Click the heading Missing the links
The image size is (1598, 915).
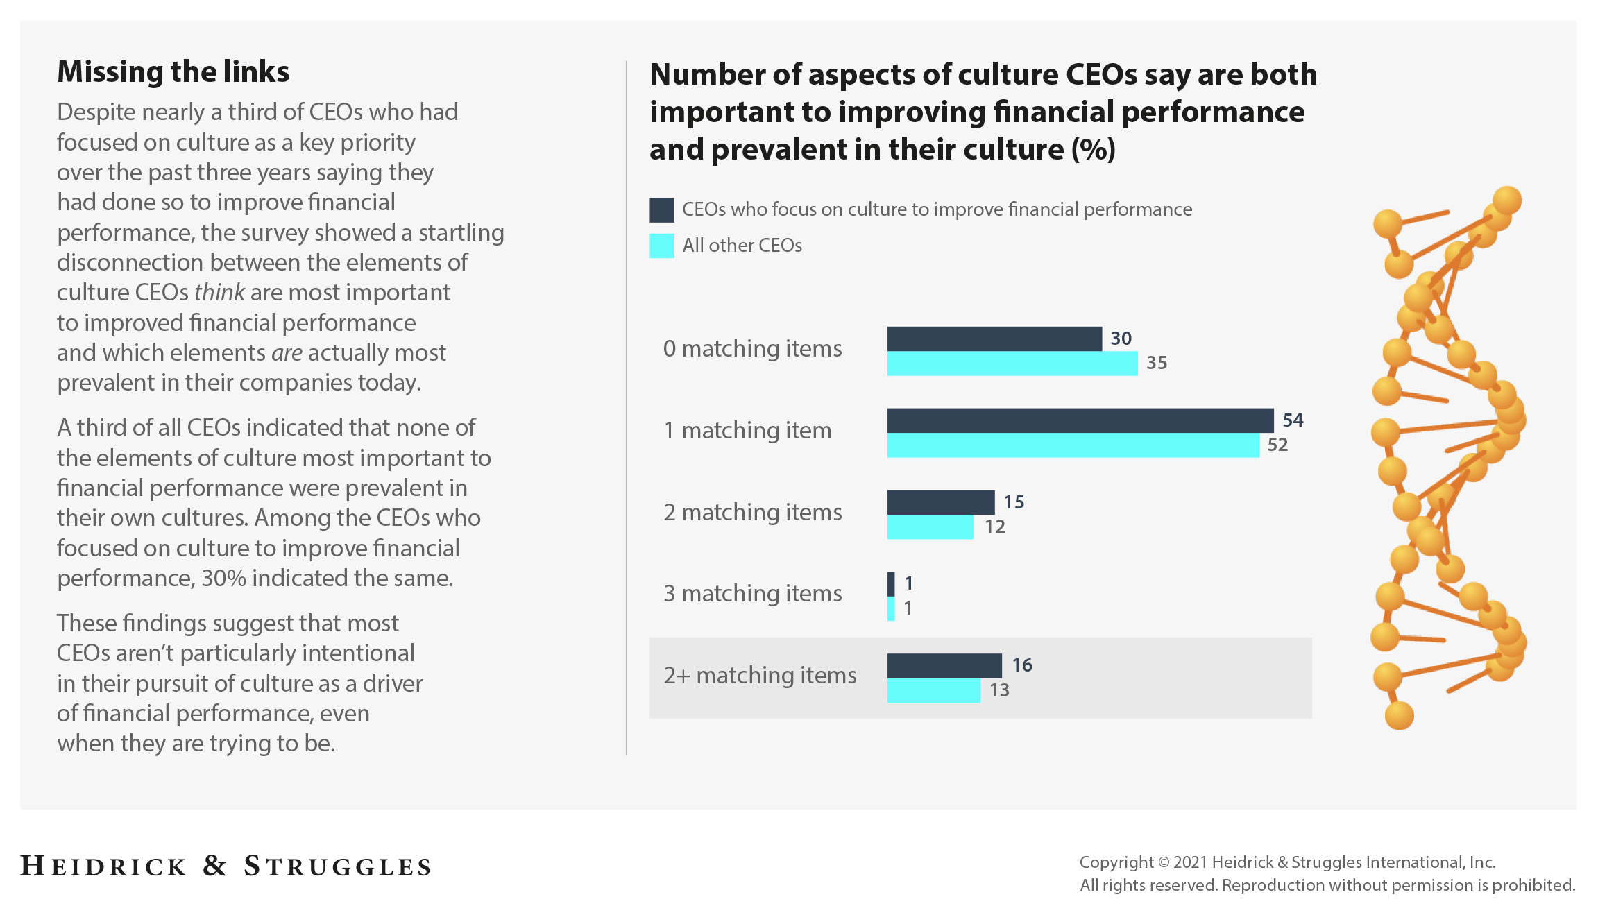(x=173, y=72)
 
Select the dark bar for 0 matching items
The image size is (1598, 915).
(x=994, y=339)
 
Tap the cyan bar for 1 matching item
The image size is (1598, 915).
(x=1072, y=445)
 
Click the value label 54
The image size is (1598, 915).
(x=1293, y=420)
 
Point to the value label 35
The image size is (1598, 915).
(x=1157, y=363)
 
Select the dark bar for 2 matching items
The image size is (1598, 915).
(x=940, y=502)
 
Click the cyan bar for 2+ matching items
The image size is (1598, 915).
(x=933, y=691)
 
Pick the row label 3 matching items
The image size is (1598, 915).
(x=752, y=594)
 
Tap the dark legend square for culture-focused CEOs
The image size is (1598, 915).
(x=661, y=210)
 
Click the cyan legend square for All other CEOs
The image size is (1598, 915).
(x=661, y=246)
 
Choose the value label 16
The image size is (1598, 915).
(x=1021, y=665)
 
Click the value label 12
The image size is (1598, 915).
(x=994, y=527)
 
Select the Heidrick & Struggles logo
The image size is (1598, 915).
(x=226, y=866)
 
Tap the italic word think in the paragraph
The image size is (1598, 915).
(x=219, y=293)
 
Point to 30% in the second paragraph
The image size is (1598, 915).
(x=223, y=579)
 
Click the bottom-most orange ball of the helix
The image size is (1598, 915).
(x=1399, y=715)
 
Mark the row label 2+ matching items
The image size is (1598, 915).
(x=759, y=676)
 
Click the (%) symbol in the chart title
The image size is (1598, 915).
(x=1093, y=150)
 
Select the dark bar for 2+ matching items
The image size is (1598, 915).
(x=944, y=666)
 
